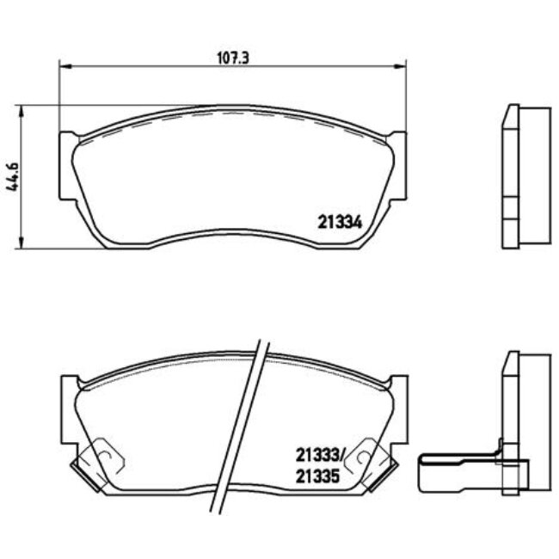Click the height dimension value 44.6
coord(12,177)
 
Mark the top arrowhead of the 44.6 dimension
coord(20,109)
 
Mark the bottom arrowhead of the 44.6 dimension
coord(20,244)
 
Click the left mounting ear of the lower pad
coord(67,404)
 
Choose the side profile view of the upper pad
coord(523,176)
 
